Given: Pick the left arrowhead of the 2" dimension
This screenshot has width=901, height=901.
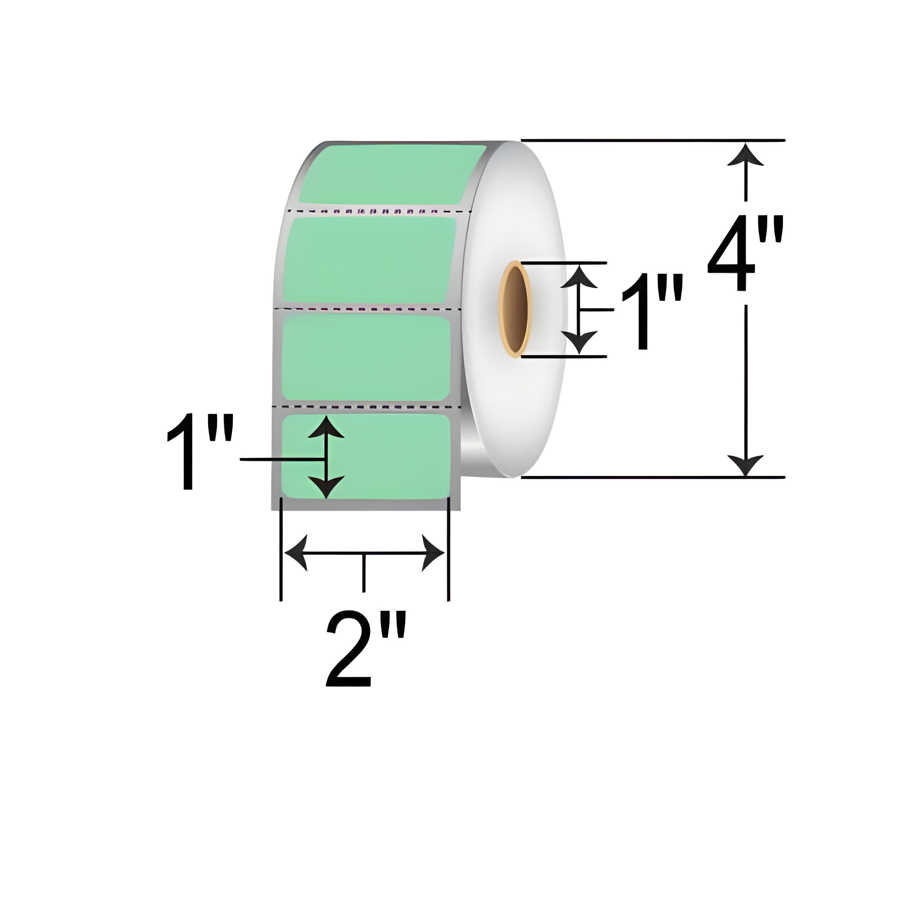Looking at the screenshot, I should [296, 554].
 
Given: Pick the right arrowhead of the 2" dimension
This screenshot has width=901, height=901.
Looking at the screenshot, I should [433, 554].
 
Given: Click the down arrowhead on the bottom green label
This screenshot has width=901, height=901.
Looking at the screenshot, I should [326, 487].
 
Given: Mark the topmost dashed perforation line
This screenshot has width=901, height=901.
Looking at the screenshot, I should [378, 211].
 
